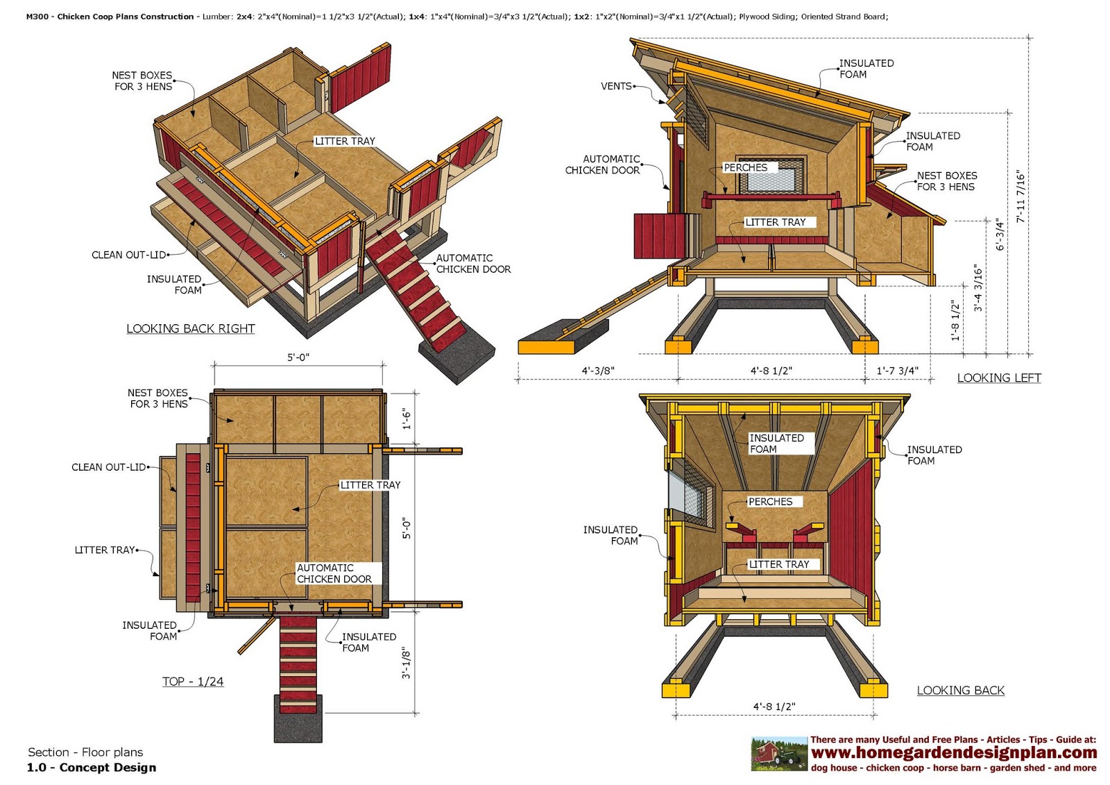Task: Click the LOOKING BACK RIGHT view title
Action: click(190, 328)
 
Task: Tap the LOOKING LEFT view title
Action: click(998, 378)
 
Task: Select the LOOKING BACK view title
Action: click(960, 690)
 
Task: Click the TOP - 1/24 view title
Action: click(193, 681)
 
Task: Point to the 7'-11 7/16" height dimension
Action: click(1021, 196)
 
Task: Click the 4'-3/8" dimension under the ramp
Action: click(597, 371)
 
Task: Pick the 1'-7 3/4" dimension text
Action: click(897, 371)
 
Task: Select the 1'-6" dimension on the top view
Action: click(407, 419)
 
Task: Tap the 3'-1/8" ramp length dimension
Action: click(407, 664)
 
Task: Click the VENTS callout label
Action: click(616, 86)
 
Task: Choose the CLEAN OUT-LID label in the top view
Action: click(109, 467)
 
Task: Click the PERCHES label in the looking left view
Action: click(745, 167)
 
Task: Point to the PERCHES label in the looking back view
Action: click(770, 501)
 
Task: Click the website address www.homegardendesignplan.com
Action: click(954, 752)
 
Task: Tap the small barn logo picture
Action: click(779, 754)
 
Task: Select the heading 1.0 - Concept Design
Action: click(92, 767)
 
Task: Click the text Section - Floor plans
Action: click(85, 752)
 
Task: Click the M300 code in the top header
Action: click(37, 17)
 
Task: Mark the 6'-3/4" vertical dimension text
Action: click(1000, 235)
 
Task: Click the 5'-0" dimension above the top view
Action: click(298, 357)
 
